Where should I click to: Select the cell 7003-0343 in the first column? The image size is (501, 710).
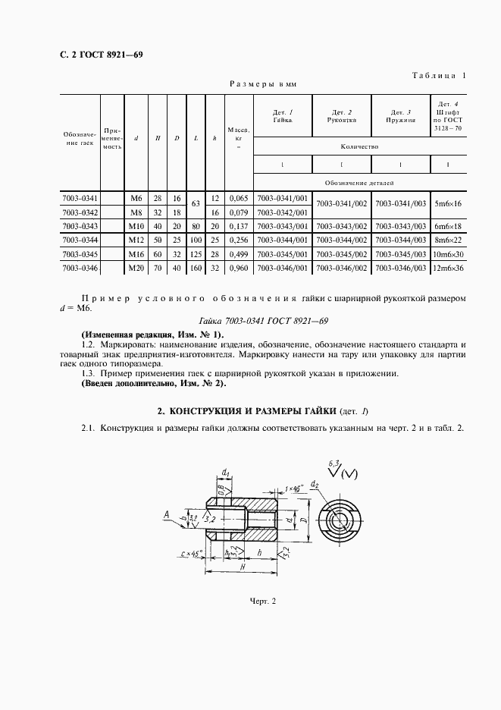coord(80,226)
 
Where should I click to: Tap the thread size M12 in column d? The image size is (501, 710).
coord(136,240)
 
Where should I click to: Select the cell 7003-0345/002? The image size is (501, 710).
coord(341,254)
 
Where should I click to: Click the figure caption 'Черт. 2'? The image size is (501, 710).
coord(263,602)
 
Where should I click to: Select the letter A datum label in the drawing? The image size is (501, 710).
coord(165,515)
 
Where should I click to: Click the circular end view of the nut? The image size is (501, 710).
coord(340,522)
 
